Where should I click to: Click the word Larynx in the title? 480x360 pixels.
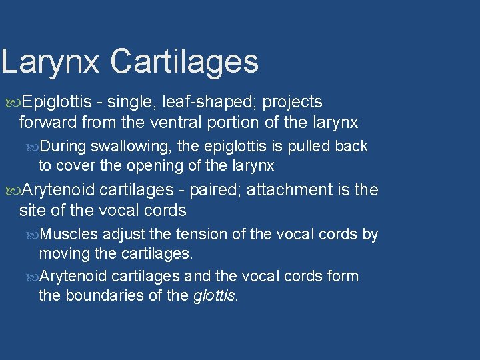pyautogui.click(x=50, y=61)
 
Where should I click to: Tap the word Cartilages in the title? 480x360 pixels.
pyautogui.click(x=184, y=61)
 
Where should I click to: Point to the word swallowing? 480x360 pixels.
pyautogui.click(x=125, y=146)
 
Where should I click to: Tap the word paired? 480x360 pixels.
pyautogui.click(x=215, y=190)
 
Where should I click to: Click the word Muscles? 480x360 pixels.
pyautogui.click(x=69, y=235)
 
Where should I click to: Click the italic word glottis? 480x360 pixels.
pyautogui.click(x=215, y=295)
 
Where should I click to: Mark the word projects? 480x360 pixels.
pyautogui.click(x=292, y=102)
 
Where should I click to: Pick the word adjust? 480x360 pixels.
pyautogui.click(x=121, y=235)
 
